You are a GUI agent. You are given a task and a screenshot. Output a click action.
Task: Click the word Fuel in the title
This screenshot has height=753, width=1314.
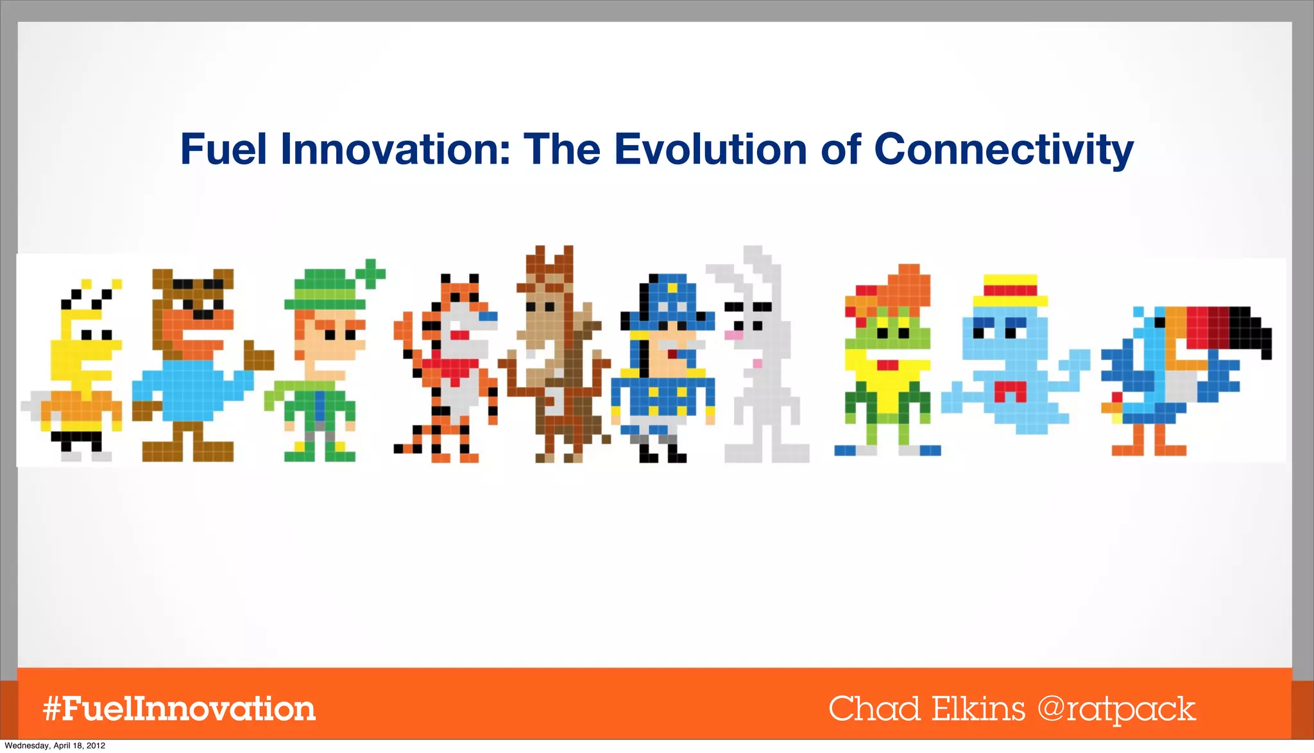(223, 149)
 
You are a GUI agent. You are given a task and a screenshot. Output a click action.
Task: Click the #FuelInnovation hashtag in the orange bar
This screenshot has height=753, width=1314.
(179, 709)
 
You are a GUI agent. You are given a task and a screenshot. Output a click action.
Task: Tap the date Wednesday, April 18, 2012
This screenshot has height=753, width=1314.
(55, 746)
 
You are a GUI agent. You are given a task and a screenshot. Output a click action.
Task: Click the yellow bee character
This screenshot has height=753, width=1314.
(80, 372)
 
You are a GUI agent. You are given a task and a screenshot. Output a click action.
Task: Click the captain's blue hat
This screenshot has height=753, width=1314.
(667, 302)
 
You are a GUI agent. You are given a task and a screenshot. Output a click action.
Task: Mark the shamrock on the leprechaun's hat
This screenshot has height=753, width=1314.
(370, 274)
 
